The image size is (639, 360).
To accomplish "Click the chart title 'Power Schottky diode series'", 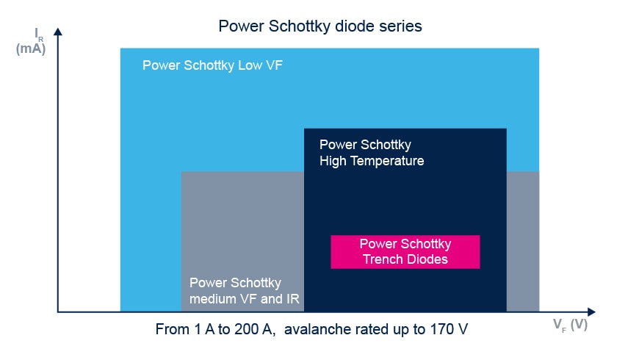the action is pos(320,26).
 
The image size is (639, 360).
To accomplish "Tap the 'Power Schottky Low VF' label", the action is pos(212,65).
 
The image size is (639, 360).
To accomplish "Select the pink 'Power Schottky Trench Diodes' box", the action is pos(405,251).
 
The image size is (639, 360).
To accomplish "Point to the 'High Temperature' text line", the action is pos(372,161).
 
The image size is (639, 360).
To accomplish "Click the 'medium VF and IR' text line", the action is pos(245,299).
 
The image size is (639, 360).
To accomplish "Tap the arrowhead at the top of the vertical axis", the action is pos(58,32).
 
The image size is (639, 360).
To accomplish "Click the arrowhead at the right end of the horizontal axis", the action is pos(591,312).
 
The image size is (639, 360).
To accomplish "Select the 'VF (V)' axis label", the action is pos(570,325).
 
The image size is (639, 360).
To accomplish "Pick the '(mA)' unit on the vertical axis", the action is pos(31,48).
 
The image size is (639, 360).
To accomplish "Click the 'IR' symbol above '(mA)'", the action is pos(39,35).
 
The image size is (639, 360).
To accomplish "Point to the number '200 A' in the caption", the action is pos(253,329).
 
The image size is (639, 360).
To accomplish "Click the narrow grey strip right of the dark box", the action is pos(523,242).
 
